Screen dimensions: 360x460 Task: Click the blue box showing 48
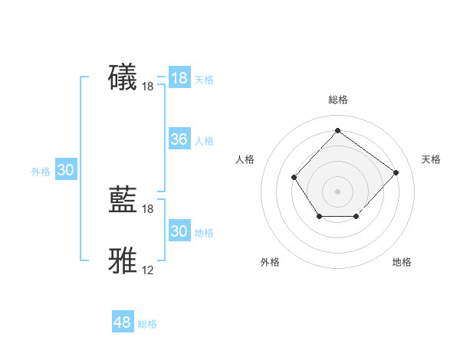123,322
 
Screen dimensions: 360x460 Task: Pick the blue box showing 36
179,139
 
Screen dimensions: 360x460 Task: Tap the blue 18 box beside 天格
179,78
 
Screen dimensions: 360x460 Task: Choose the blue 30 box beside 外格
65,171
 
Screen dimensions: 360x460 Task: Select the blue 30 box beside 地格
179,231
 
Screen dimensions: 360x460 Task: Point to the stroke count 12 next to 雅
148,270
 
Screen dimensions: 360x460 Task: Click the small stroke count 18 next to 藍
148,209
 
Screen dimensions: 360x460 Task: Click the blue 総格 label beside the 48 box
147,324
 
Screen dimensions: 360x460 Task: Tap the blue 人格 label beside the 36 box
204,141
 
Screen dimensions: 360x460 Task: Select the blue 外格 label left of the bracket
41,172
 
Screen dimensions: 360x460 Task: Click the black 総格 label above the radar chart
337,100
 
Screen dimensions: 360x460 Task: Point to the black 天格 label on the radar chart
431,159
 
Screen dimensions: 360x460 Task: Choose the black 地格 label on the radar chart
402,262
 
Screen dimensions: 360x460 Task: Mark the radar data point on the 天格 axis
396,172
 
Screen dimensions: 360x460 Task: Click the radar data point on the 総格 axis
337,130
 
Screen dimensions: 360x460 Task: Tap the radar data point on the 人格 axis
294,177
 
